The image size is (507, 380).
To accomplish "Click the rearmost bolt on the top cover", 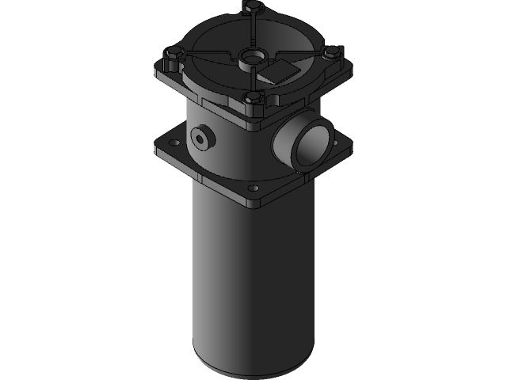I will tap(253, 8).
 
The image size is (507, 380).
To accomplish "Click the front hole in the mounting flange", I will tap(253, 188).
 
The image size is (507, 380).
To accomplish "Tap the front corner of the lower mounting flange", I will tap(253, 203).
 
